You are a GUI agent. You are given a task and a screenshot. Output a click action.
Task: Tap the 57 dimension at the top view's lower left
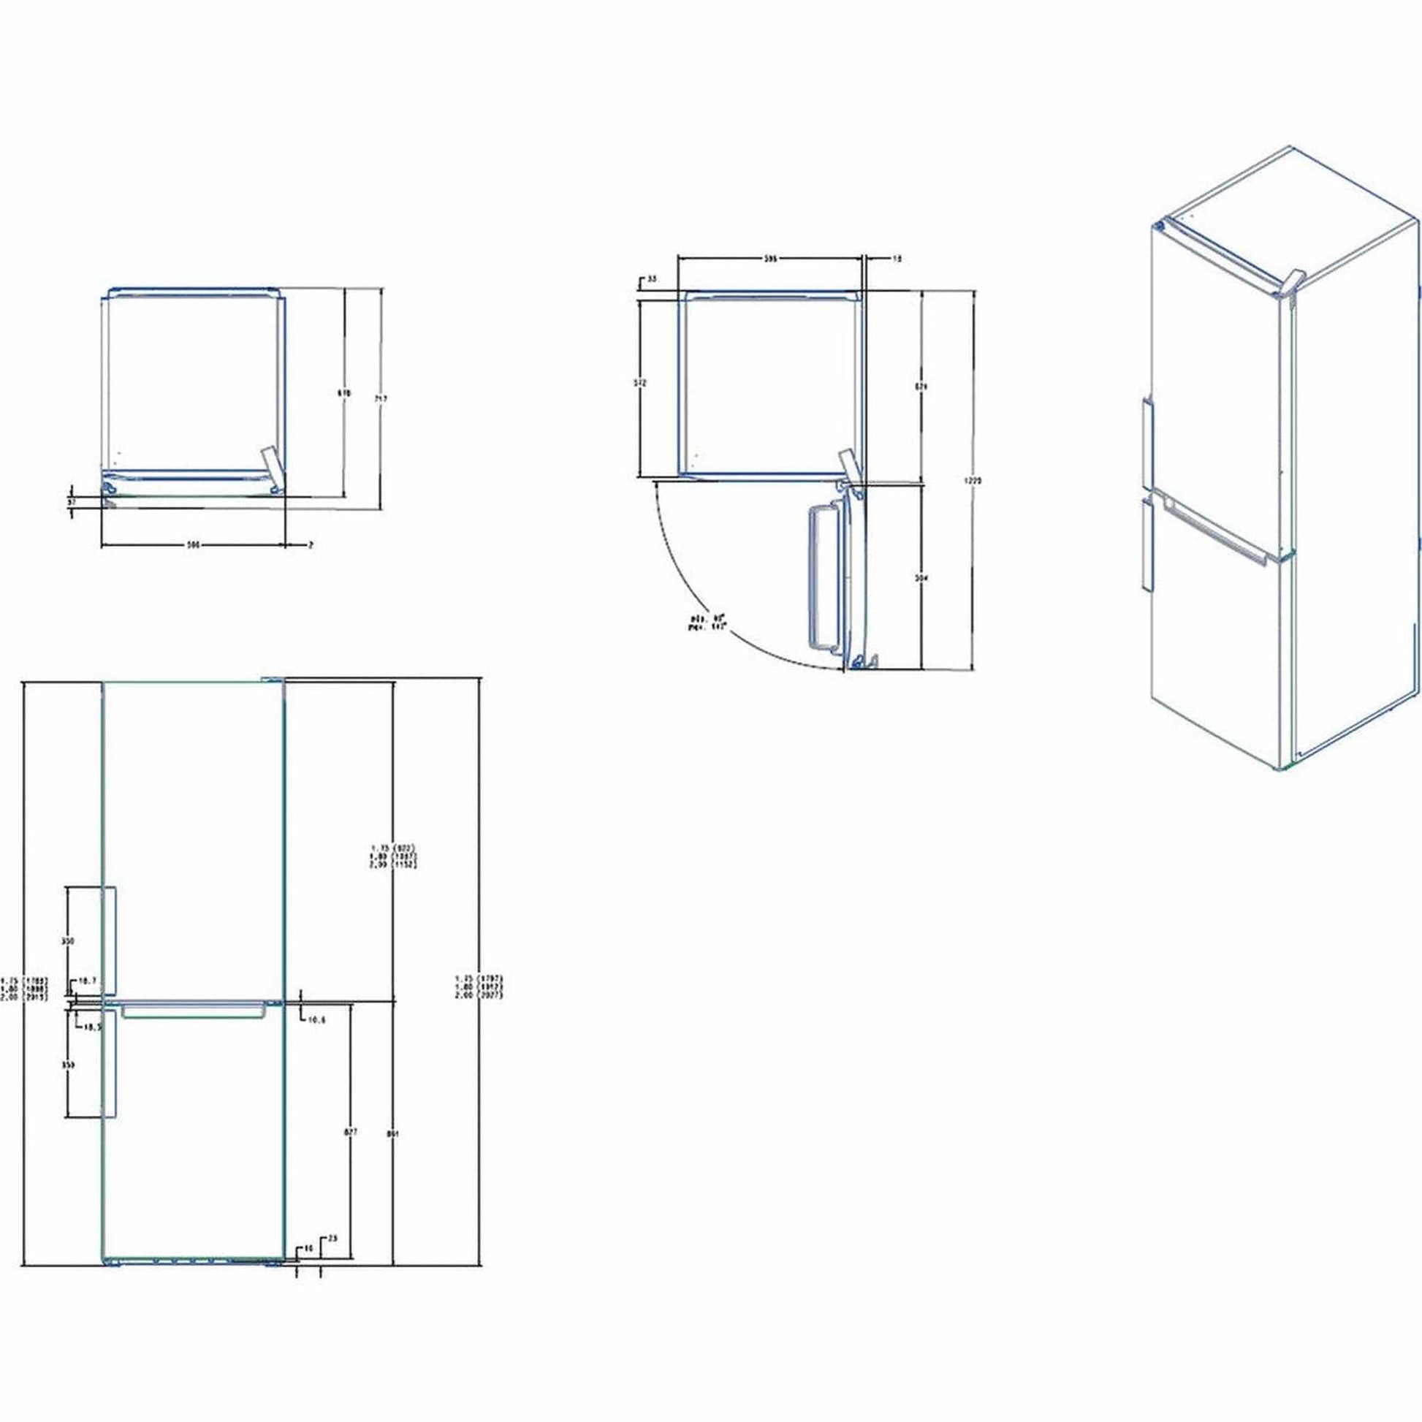pos(72,501)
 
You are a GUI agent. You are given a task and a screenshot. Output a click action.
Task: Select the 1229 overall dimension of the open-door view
pos(974,480)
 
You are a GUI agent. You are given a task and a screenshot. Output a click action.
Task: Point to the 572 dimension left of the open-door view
pos(639,384)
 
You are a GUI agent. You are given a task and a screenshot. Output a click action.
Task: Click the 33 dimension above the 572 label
pos(651,280)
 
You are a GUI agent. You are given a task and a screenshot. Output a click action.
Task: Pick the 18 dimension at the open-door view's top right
pos(897,259)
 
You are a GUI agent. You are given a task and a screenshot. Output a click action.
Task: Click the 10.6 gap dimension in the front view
pos(317,1020)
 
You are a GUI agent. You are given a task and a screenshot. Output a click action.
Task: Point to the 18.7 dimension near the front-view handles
pos(88,981)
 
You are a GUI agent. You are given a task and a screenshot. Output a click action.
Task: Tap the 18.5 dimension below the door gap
pos(91,1027)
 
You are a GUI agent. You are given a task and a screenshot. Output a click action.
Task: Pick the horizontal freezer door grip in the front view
pos(193,1011)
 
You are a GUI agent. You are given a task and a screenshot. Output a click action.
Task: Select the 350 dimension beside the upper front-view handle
pos(69,941)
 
